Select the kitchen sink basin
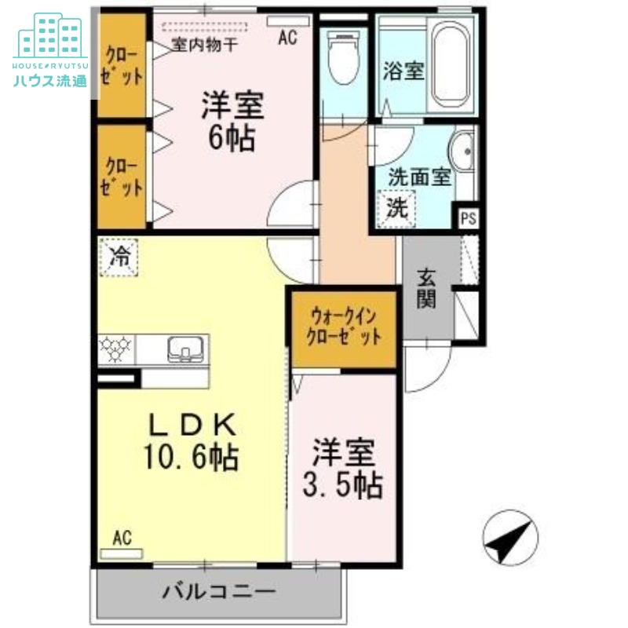click(185, 346)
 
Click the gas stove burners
click(116, 346)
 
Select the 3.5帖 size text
click(344, 487)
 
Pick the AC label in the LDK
click(121, 538)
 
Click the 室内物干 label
click(204, 45)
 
